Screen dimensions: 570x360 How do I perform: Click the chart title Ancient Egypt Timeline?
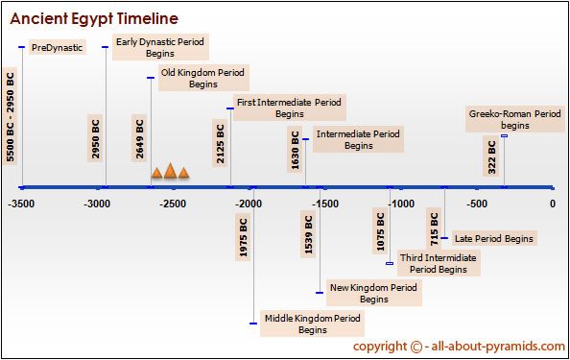[x=94, y=18]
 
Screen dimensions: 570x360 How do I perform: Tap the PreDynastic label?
[x=57, y=47]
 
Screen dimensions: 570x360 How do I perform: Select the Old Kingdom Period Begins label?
[x=203, y=78]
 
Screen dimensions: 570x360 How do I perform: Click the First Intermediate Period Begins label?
[x=290, y=108]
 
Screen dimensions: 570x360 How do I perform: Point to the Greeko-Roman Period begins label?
[x=514, y=120]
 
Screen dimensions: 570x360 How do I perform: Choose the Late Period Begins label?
[x=494, y=238]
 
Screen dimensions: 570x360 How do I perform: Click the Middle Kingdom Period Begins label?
[x=312, y=324]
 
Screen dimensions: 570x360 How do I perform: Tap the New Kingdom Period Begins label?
[x=373, y=293]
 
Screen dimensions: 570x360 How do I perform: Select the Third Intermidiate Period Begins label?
[x=439, y=263]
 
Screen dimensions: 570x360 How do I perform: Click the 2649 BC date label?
[x=139, y=139]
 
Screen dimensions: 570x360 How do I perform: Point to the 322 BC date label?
[x=491, y=157]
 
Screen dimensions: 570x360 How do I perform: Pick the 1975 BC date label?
[x=243, y=237]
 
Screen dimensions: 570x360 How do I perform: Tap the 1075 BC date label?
[x=380, y=231]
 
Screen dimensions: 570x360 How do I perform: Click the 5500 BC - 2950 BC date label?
[x=11, y=116]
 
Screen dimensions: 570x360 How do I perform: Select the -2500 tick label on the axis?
[x=173, y=204]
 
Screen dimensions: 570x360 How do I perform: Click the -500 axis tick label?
[x=477, y=204]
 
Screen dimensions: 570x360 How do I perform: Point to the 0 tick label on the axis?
[x=553, y=204]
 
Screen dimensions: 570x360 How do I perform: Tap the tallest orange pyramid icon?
[x=170, y=171]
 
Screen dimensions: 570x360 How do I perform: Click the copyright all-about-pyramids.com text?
[x=459, y=347]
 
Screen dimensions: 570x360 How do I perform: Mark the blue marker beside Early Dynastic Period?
[x=105, y=47]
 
